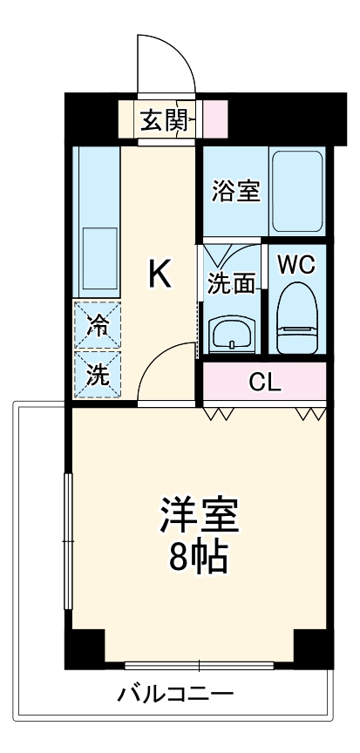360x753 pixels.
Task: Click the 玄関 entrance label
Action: pyautogui.click(x=163, y=119)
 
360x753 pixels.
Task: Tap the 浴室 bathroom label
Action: pyautogui.click(x=235, y=190)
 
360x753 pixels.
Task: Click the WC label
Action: pyautogui.click(x=296, y=262)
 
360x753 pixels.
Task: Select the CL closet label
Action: pyautogui.click(x=264, y=381)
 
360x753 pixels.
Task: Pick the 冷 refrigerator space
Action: pyautogui.click(x=98, y=325)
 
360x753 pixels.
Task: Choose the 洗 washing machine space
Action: pyautogui.click(x=98, y=376)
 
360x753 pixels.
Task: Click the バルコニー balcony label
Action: pyautogui.click(x=176, y=695)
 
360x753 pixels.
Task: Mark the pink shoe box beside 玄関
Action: pyautogui.click(x=214, y=119)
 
